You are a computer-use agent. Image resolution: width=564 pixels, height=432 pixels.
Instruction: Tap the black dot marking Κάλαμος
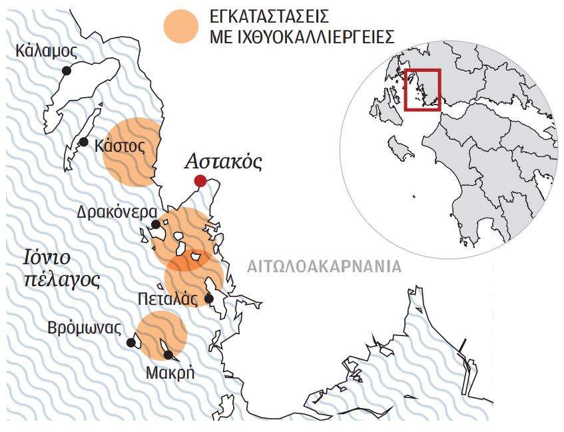(x=66, y=71)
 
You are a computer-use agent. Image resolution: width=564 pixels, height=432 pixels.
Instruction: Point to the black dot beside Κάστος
(x=84, y=142)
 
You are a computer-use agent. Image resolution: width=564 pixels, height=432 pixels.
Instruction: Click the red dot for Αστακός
(x=200, y=181)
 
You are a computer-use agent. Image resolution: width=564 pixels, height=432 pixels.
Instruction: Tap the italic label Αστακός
(x=223, y=161)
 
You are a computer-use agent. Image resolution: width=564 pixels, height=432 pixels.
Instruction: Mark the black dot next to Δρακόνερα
(x=155, y=224)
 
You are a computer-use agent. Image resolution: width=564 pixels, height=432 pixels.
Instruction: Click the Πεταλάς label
(x=167, y=298)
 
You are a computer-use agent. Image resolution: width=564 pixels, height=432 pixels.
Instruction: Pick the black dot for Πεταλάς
(x=209, y=298)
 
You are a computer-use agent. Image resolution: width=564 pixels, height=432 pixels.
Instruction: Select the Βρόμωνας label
(x=85, y=328)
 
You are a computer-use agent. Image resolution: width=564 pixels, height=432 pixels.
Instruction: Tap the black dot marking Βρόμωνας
(x=132, y=343)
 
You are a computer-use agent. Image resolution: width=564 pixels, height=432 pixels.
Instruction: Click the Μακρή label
(x=170, y=373)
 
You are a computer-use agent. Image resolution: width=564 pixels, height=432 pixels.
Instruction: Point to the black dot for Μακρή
(x=168, y=355)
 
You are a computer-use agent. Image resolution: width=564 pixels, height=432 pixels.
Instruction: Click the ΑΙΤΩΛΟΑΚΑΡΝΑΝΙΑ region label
(x=324, y=267)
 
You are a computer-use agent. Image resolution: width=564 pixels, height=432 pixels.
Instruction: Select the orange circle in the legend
(x=182, y=27)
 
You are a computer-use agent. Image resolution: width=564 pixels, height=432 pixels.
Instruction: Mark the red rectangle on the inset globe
(x=422, y=90)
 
